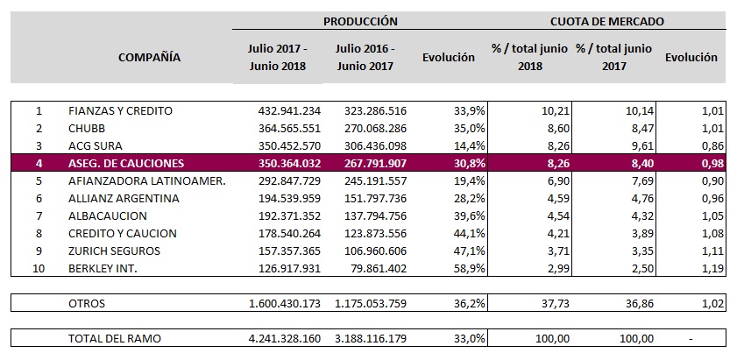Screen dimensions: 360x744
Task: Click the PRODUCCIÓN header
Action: pos(360,21)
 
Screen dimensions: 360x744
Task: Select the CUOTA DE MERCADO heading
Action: pos(607,21)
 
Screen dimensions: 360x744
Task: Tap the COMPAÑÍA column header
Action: pos(149,57)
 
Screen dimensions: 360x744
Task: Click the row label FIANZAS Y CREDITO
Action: pos(120,111)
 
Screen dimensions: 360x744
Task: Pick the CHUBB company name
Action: pos(89,128)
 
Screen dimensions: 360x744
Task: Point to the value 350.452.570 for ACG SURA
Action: pos(284,145)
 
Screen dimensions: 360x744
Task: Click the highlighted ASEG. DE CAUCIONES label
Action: pos(127,164)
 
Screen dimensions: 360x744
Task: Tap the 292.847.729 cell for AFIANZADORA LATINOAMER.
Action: pos(284,181)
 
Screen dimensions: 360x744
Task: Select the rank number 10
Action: pos(38,269)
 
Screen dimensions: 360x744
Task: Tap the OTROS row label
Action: pos(89,303)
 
